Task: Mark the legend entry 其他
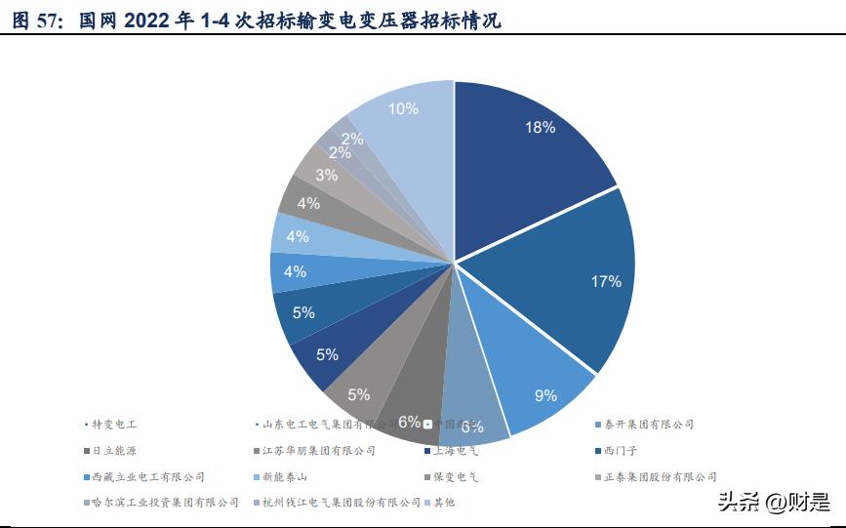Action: (444, 503)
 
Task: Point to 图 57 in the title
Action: (35, 20)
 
